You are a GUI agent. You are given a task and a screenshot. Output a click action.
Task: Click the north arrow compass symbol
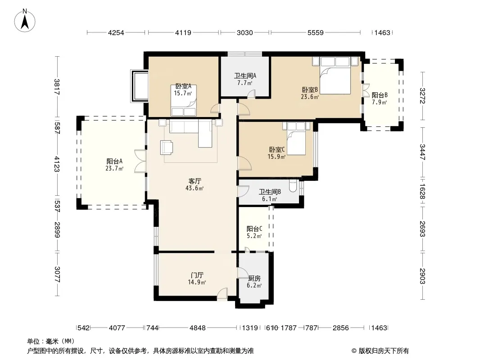pyautogui.click(x=25, y=21)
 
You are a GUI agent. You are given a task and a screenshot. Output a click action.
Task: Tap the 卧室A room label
pyautogui.click(x=183, y=86)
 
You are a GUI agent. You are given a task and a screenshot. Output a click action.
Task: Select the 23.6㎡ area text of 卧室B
pyautogui.click(x=310, y=97)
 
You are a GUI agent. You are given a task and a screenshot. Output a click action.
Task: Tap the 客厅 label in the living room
pyautogui.click(x=195, y=181)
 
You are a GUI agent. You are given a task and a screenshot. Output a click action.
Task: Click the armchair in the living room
pyautogui.click(x=167, y=147)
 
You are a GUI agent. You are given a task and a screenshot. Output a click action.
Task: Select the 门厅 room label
pyautogui.click(x=197, y=275)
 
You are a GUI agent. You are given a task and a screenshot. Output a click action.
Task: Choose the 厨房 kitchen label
pyautogui.click(x=254, y=279)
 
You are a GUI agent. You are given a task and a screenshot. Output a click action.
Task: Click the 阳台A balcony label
pyautogui.click(x=114, y=161)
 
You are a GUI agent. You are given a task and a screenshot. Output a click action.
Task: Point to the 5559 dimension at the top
pyautogui.click(x=315, y=32)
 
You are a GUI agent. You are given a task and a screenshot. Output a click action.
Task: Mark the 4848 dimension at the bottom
pyautogui.click(x=198, y=328)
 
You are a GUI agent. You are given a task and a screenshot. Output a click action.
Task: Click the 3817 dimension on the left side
pyautogui.click(x=57, y=87)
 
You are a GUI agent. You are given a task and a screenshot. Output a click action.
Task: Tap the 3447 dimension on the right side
pyautogui.click(x=422, y=152)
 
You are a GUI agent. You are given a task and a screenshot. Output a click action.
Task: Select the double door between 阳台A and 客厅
pyautogui.click(x=140, y=161)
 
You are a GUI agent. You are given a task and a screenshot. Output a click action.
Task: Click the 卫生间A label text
pyautogui.click(x=245, y=76)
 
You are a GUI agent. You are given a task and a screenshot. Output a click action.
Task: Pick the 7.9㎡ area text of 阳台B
pyautogui.click(x=380, y=102)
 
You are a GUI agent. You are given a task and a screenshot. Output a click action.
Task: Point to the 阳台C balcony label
pyautogui.click(x=254, y=229)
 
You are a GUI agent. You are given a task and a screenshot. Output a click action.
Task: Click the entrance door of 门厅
pyautogui.click(x=222, y=294)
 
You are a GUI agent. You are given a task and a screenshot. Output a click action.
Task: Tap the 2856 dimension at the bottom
pyautogui.click(x=341, y=328)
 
